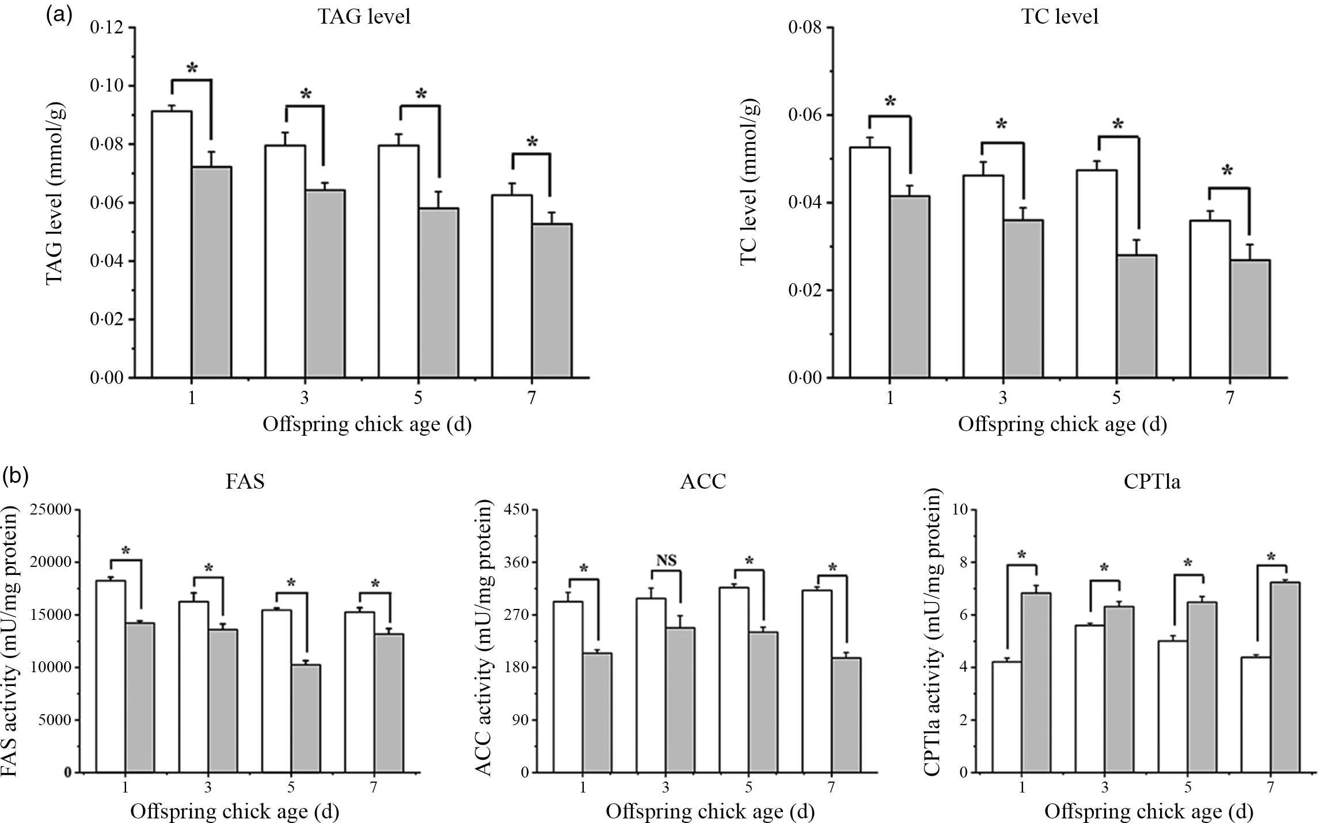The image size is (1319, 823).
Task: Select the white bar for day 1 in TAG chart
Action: pos(172,245)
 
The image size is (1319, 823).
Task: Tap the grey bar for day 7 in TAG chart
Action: pos(552,300)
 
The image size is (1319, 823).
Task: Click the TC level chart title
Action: pos(1059,17)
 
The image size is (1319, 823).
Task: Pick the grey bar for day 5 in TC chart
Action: pos(1136,317)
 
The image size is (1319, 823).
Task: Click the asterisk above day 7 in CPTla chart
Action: pos(1271,557)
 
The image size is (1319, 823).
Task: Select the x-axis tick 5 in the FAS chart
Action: pos(291,788)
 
